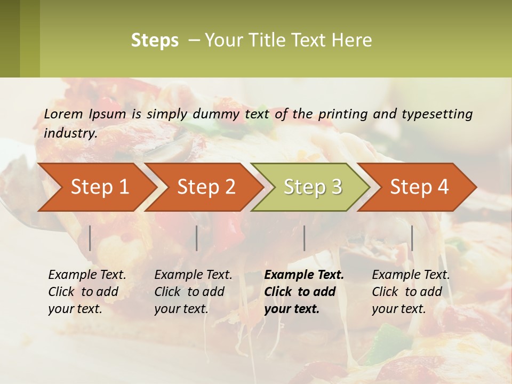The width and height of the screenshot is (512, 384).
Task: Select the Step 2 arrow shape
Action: (x=206, y=187)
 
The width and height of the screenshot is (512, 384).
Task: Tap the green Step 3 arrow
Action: (x=313, y=187)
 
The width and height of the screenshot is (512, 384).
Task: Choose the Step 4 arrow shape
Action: (x=419, y=187)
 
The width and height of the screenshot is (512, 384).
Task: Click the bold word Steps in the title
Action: (x=155, y=40)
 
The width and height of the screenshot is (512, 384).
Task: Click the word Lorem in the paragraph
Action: (x=63, y=114)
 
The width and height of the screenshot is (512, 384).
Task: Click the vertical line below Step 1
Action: (x=90, y=238)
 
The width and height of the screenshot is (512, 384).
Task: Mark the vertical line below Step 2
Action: (x=197, y=238)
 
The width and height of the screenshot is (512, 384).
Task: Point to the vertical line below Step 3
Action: (x=304, y=238)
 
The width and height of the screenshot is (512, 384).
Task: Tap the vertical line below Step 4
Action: (x=412, y=238)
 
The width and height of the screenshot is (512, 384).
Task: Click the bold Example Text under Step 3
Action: (x=304, y=275)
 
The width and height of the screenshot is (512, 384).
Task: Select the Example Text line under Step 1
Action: (x=87, y=275)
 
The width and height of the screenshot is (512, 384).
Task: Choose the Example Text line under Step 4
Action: (x=411, y=275)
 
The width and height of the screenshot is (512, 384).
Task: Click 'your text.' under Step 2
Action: (x=181, y=309)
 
